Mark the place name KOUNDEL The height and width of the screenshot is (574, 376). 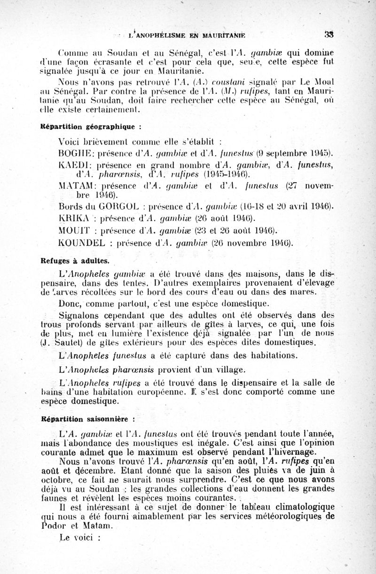(80, 243)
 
